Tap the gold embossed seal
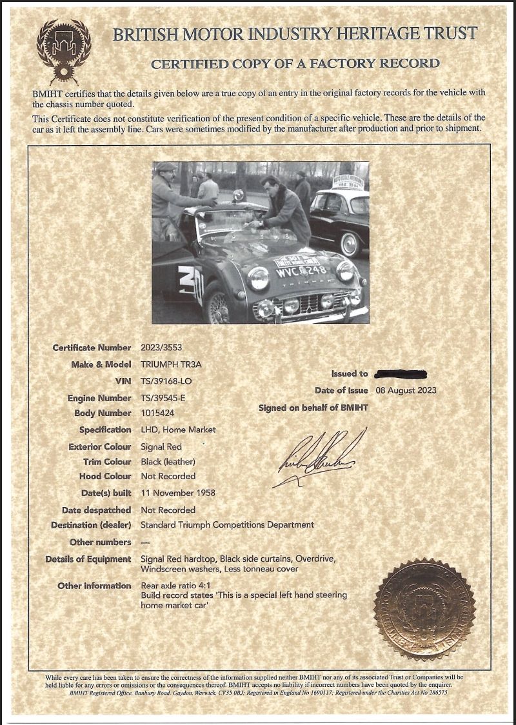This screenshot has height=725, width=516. pos(424,609)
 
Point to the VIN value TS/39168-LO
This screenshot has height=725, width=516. pos(166,381)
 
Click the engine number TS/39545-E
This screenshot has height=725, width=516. pos(168,398)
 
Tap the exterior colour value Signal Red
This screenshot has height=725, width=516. pos(161,446)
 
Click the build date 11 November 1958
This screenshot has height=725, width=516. pos(178,493)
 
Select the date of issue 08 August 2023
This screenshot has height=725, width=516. pos(406,390)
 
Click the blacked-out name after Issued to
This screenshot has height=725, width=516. pos(401,373)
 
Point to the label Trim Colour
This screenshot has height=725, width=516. pos(107,462)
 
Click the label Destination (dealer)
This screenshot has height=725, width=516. pos(92,525)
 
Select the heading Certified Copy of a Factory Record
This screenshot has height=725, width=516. pos(295,63)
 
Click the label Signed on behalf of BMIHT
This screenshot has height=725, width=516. pos(313,408)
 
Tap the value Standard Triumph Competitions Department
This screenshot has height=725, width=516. pos(227,525)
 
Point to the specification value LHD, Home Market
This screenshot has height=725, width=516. pos(178,430)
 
